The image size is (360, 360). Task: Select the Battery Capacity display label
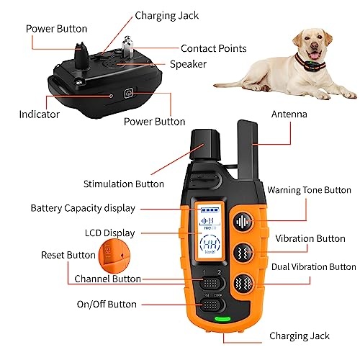pyautogui.click(x=83, y=208)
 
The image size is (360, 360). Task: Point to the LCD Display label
pyautogui.click(x=109, y=233)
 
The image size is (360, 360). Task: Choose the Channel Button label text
pyautogui.click(x=108, y=279)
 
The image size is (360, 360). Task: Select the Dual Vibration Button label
pyautogui.click(x=314, y=266)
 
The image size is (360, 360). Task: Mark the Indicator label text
pyautogui.click(x=39, y=114)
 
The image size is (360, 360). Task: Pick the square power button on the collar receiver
pyautogui.click(x=128, y=93)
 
